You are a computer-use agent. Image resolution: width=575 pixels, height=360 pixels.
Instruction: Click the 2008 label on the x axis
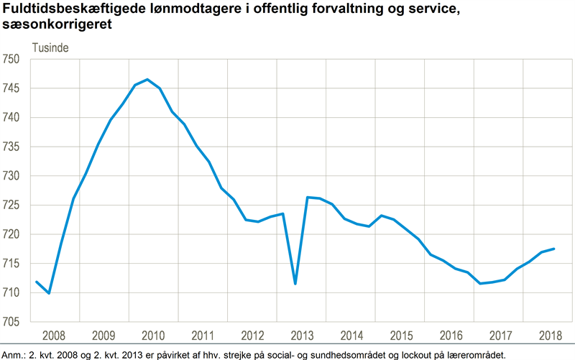tap(55, 336)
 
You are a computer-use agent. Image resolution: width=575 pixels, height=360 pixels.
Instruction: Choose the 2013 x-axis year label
tap(301, 336)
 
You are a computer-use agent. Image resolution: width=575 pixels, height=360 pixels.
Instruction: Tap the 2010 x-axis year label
tap(153, 336)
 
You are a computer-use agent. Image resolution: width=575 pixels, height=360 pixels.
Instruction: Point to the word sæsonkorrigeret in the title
tap(58, 24)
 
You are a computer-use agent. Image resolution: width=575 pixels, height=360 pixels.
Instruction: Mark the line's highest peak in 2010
tap(147, 79)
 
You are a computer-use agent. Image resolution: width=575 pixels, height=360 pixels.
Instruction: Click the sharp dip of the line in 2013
tap(295, 283)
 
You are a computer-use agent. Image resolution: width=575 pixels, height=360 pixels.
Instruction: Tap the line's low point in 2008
tap(49, 293)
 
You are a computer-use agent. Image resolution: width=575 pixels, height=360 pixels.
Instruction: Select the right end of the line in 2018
tap(553, 249)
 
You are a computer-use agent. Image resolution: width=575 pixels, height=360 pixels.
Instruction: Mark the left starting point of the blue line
tap(36, 282)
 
